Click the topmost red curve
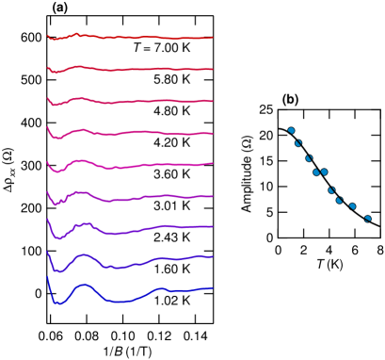[x=132, y=37]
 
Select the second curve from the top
[x=132, y=69]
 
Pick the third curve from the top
[x=132, y=101]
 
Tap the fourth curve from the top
[x=132, y=133]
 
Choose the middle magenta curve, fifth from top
[x=132, y=166]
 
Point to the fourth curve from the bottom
[x=132, y=198]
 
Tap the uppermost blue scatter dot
[x=291, y=130]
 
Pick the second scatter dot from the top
[x=298, y=143]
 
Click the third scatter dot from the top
[x=309, y=158]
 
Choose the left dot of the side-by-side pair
[x=316, y=172]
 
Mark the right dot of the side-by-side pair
[x=325, y=172]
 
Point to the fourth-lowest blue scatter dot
[x=331, y=190]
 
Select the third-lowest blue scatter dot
[x=339, y=200]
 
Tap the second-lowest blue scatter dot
[x=353, y=206]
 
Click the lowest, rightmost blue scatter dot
[x=368, y=219]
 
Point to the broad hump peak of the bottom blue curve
[x=85, y=284]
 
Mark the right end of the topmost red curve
[x=212, y=38]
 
